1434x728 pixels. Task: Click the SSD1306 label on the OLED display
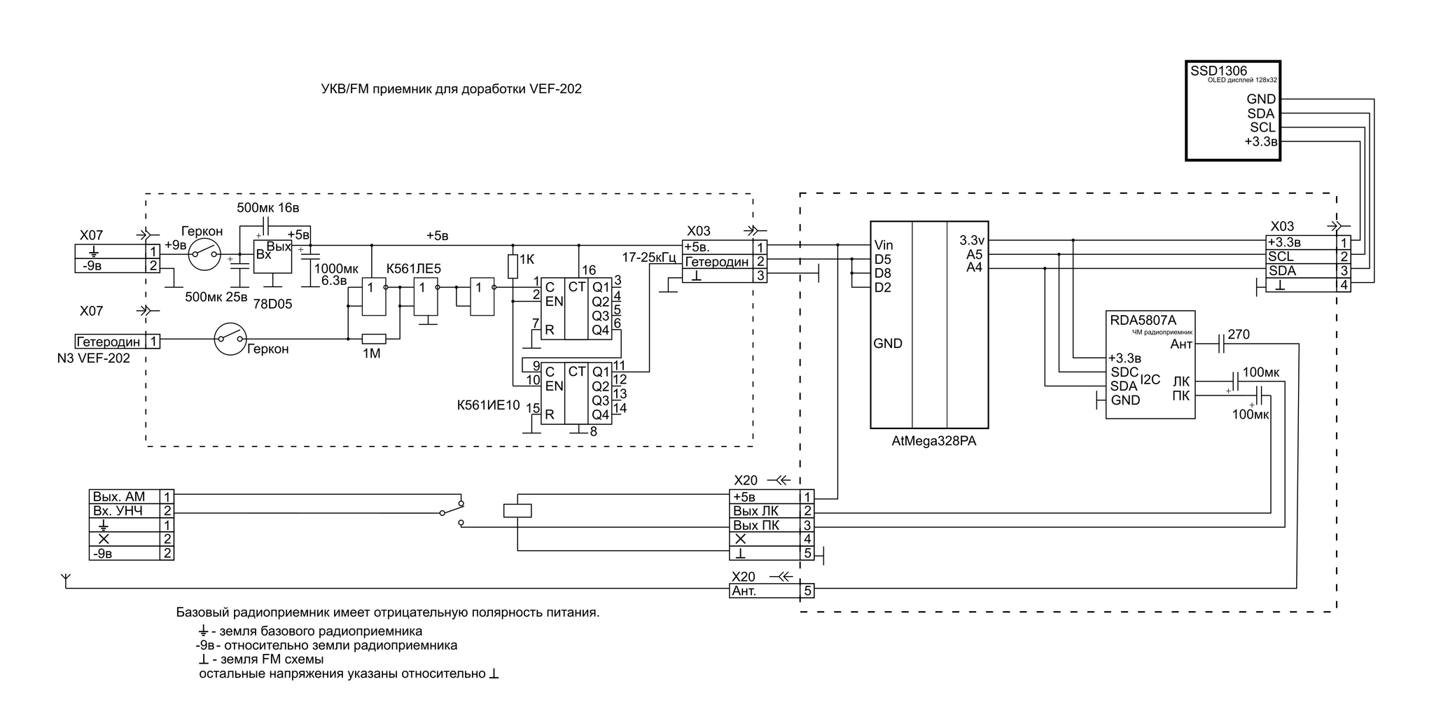pyautogui.click(x=1219, y=71)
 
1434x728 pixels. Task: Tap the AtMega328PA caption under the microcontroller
pyautogui.click(x=934, y=442)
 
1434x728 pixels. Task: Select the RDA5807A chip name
pyautogui.click(x=1143, y=320)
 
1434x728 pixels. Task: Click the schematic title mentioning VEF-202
pyautogui.click(x=451, y=90)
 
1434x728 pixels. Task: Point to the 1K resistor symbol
pyautogui.click(x=513, y=267)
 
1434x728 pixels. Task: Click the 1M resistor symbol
pyautogui.click(x=373, y=339)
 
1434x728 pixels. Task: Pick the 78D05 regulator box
pyautogui.click(x=272, y=257)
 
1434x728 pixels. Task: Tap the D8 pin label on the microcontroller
pyautogui.click(x=882, y=273)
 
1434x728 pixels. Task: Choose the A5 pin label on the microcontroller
pyautogui.click(x=975, y=254)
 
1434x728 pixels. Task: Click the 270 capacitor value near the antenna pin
pyautogui.click(x=1239, y=335)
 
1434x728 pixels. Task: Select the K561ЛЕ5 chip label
pyautogui.click(x=414, y=269)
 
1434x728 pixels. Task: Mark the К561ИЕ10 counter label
pyautogui.click(x=488, y=405)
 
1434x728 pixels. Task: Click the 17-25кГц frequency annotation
pyautogui.click(x=648, y=258)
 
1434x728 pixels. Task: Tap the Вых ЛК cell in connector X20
pyautogui.click(x=765, y=511)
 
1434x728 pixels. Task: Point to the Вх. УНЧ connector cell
pyautogui.click(x=125, y=511)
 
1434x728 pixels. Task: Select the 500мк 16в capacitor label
pyautogui.click(x=268, y=208)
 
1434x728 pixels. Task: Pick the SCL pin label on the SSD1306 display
pyautogui.click(x=1262, y=128)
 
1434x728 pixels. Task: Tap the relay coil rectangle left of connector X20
pyautogui.click(x=517, y=511)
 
